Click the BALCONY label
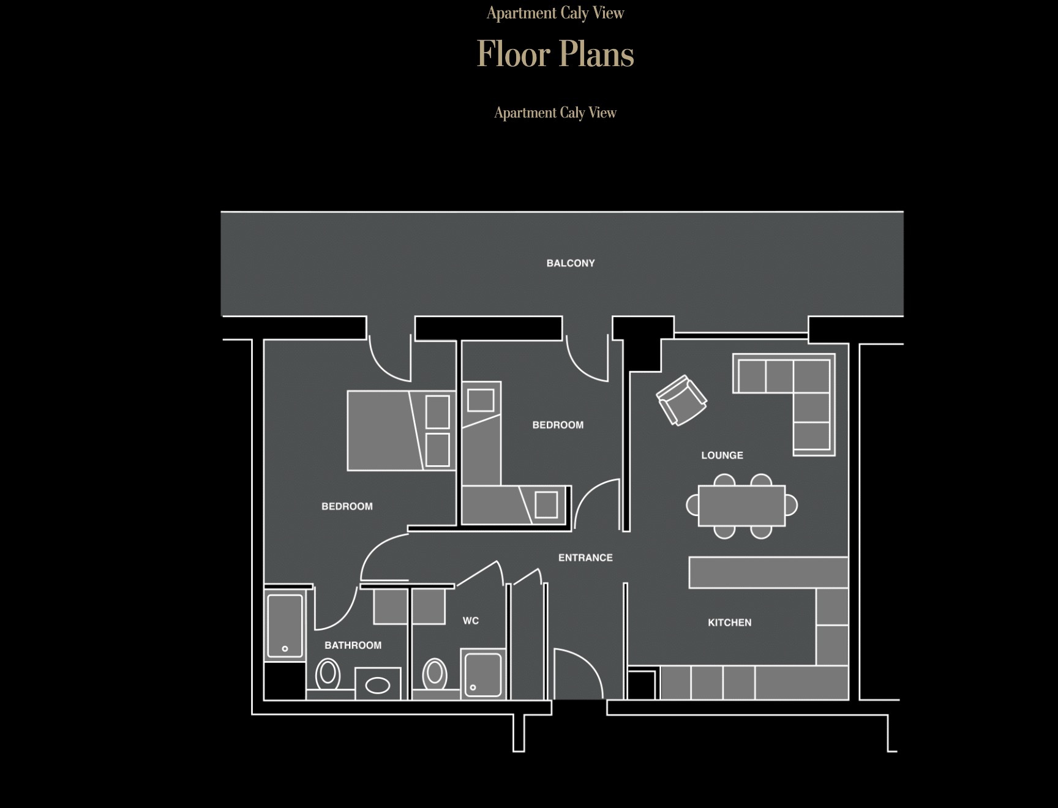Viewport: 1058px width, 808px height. [571, 263]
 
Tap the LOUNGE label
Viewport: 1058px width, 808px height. [722, 455]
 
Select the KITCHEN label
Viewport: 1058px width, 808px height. [729, 623]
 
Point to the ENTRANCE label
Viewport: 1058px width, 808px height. [585, 558]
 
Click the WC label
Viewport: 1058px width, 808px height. [471, 621]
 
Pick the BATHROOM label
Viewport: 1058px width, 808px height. [353, 645]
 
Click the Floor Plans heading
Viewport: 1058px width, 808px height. [555, 54]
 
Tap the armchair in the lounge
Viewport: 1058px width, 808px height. [681, 400]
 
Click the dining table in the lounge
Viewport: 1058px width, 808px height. [741, 506]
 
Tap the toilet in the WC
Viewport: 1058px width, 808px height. [435, 673]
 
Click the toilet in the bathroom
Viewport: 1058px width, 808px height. [328, 674]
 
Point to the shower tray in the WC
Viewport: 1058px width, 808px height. [482, 673]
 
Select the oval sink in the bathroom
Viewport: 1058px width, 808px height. [378, 685]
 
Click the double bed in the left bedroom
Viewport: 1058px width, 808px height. [400, 430]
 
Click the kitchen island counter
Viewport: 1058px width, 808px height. [768, 572]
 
